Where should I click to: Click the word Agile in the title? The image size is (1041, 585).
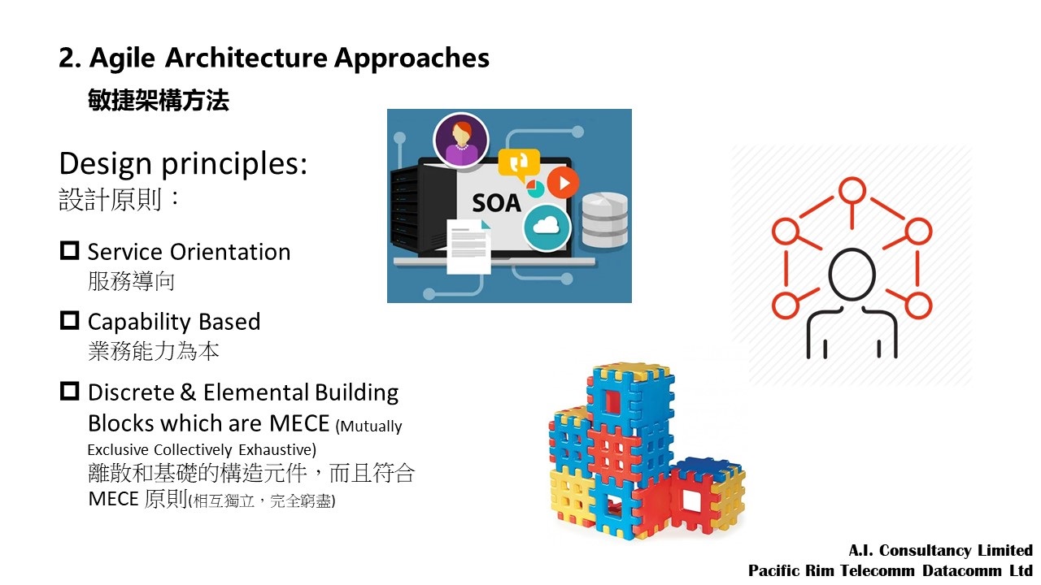122,59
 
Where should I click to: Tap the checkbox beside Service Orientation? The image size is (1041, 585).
70,250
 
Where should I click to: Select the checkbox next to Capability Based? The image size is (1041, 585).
70,320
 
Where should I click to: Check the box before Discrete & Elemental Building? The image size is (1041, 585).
70,391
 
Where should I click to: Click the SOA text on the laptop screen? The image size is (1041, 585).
496,203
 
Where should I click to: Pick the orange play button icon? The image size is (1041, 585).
563,183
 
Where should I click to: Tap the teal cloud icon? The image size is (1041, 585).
547,227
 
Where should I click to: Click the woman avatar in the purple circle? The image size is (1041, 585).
461,140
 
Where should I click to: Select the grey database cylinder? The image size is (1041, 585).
604,219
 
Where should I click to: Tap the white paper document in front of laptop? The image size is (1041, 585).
468,246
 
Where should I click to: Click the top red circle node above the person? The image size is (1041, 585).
852,190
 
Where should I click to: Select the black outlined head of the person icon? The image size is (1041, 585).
852,275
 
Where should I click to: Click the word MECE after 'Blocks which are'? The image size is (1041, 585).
299,423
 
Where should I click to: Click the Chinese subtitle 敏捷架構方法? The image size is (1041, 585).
159,100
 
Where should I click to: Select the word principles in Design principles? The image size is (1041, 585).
234,165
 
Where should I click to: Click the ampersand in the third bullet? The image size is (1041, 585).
188,392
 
